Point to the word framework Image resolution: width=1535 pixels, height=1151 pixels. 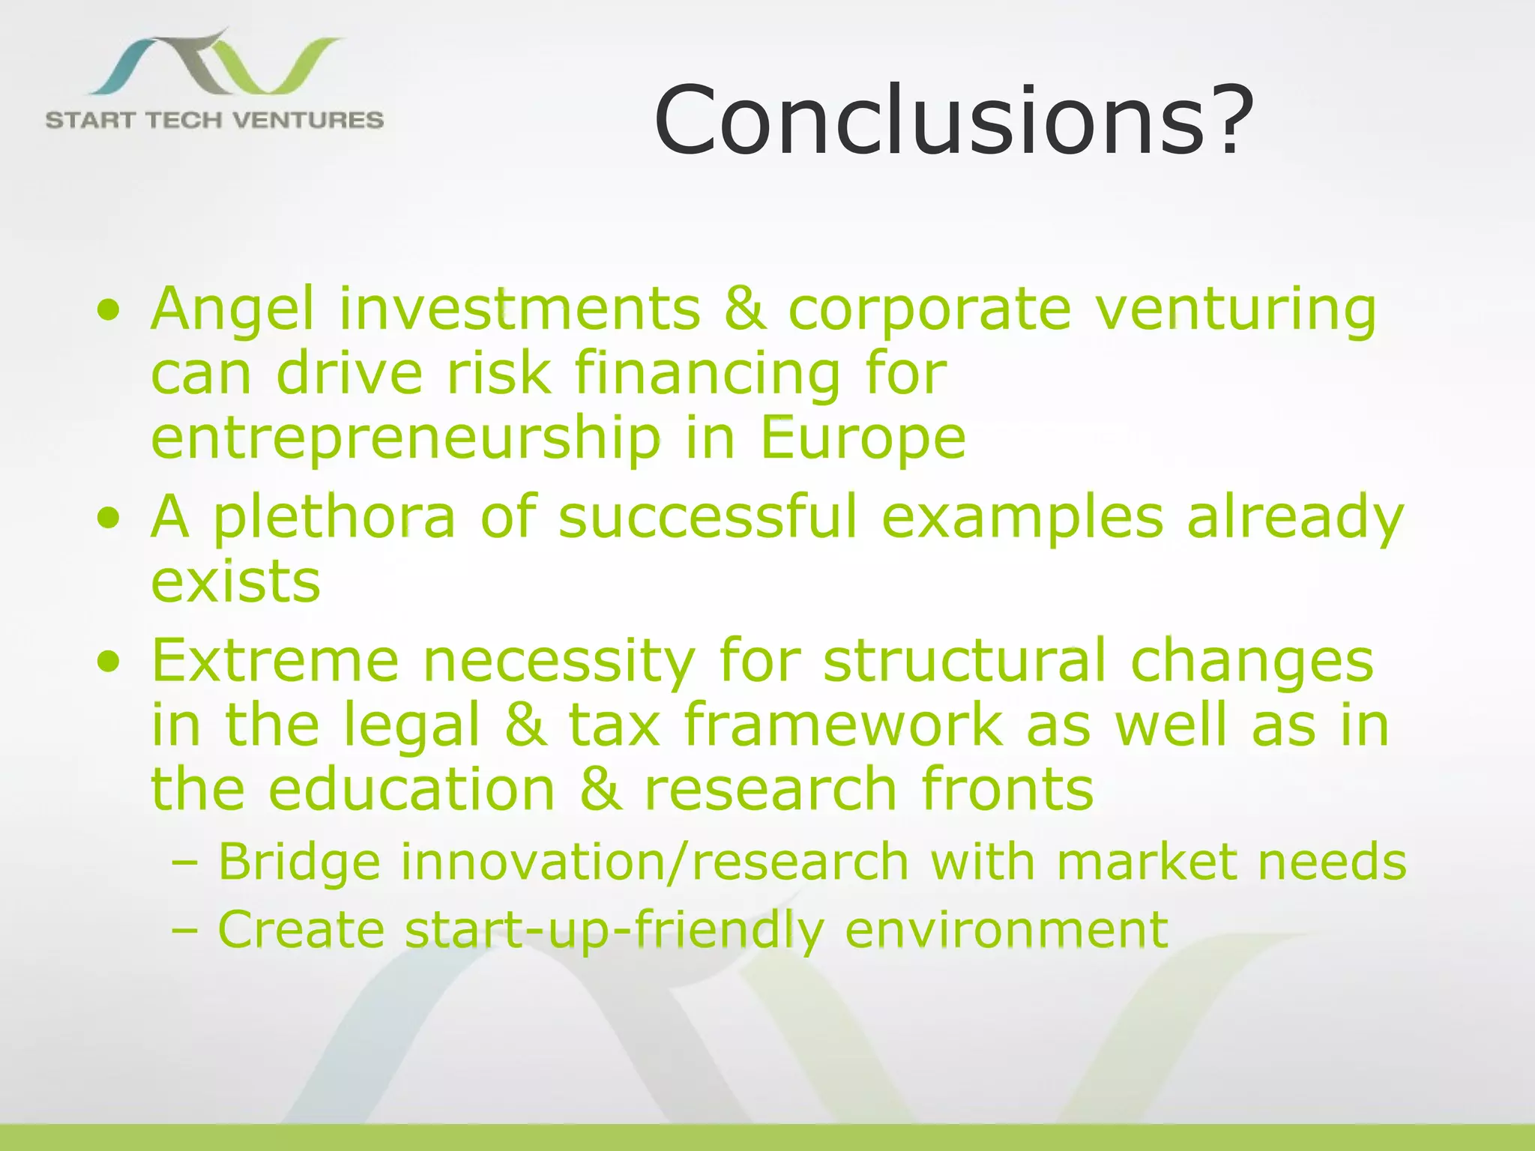click(842, 725)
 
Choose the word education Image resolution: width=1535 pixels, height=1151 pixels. click(411, 789)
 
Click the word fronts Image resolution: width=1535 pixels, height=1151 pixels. click(1007, 789)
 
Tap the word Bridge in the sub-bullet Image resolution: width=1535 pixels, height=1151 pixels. click(299, 862)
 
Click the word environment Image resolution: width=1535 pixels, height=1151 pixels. click(1006, 929)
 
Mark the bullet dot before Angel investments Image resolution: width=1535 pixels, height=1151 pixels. click(109, 309)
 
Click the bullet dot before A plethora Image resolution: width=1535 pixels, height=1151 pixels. click(109, 518)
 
